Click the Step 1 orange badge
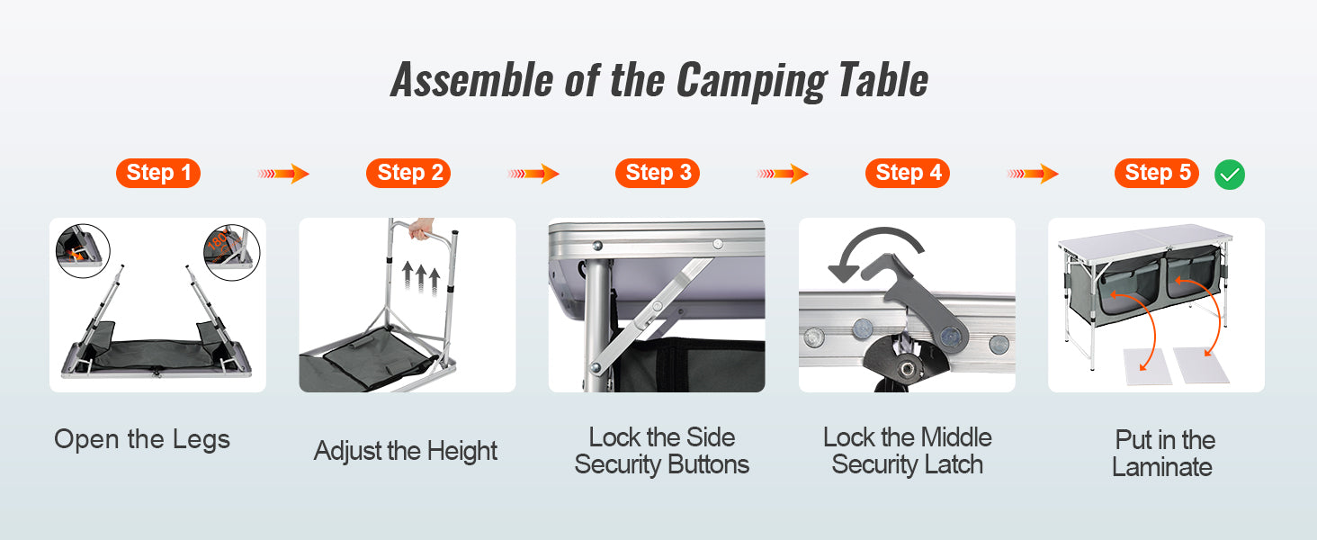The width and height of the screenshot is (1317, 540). click(157, 173)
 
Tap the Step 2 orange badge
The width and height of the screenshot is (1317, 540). click(408, 173)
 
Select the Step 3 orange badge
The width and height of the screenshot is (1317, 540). click(658, 173)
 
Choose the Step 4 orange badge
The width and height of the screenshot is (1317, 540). click(907, 173)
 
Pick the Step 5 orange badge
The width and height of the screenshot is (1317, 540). click(1156, 173)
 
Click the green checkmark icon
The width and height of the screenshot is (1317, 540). click(1230, 175)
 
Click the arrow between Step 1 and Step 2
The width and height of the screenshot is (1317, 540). click(283, 174)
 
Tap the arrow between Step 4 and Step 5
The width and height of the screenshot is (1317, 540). click(1033, 174)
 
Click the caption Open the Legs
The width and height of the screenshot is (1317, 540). click(142, 439)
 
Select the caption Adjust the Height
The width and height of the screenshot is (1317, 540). click(406, 451)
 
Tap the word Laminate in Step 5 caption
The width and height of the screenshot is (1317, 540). click(1162, 467)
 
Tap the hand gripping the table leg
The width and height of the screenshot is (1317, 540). click(421, 232)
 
